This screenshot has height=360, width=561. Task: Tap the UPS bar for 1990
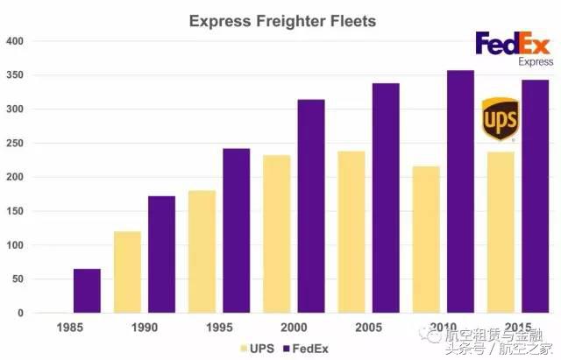126,272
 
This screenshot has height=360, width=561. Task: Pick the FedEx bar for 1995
237,230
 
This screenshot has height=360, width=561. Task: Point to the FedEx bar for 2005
386,198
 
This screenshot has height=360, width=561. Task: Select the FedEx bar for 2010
460,192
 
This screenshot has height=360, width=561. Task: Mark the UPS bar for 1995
202,251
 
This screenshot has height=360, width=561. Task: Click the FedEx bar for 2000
311,206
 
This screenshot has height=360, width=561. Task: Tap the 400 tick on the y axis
16,41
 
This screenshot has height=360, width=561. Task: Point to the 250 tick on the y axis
16,144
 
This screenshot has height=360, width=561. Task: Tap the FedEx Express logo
514,48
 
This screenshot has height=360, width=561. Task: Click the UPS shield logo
500,119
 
